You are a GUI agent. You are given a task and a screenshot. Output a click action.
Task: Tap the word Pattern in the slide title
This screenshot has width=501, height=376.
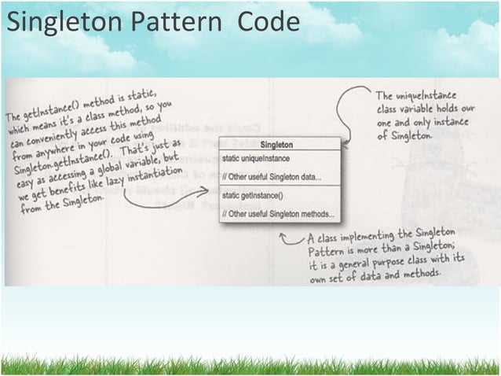178,21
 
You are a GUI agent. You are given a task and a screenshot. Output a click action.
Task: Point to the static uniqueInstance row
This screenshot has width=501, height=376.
256,160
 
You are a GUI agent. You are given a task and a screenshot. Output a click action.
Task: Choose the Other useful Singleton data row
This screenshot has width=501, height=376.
271,176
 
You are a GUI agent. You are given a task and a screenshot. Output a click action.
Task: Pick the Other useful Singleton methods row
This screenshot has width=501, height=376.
278,212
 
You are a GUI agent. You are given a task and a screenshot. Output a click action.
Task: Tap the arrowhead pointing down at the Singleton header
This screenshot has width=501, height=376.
344,140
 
